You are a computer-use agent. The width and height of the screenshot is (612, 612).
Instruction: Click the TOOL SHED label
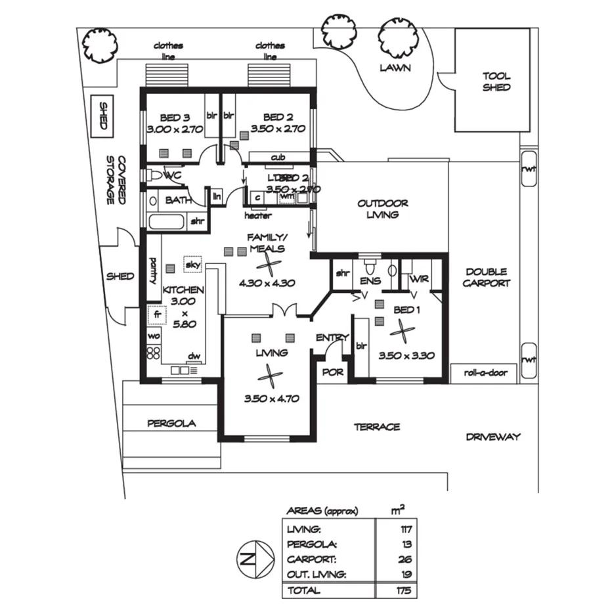(x=496, y=81)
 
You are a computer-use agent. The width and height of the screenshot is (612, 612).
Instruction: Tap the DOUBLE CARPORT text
(x=487, y=277)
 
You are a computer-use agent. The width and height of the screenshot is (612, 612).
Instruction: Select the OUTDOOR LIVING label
(x=383, y=209)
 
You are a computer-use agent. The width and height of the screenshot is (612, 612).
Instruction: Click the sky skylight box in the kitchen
(x=192, y=265)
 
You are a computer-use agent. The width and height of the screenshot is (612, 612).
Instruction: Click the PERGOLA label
(x=171, y=424)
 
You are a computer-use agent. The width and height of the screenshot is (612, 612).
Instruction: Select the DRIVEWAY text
(x=493, y=437)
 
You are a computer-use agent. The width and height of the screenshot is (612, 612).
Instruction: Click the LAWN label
(x=395, y=68)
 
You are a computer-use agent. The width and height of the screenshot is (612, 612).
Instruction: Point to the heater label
(x=258, y=215)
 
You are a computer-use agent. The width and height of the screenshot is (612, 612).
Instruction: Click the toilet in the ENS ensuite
(x=370, y=269)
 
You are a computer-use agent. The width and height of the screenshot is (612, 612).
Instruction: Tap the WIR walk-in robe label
(x=418, y=278)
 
